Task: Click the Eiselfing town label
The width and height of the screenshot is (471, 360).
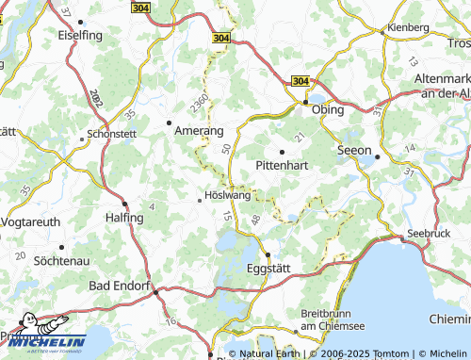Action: point(80,35)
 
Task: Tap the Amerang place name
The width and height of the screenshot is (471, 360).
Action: point(198,132)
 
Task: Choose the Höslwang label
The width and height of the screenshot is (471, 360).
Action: point(228,196)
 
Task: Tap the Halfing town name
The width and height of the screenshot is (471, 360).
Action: point(124,218)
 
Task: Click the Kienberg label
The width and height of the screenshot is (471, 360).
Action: point(408,27)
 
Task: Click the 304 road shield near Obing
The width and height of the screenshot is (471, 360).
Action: point(300,82)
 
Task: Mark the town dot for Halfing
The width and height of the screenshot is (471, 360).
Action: point(124,204)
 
